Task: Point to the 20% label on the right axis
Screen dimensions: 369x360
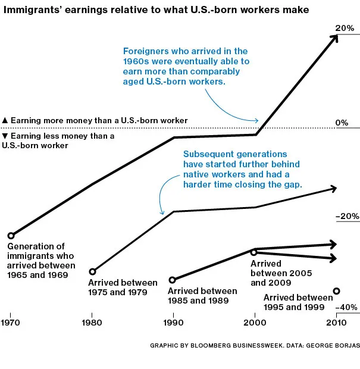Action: coord(345,28)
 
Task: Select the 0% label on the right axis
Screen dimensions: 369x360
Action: coord(342,123)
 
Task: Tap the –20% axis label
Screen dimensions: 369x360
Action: coord(348,217)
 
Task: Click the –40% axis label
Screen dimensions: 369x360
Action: coord(347,308)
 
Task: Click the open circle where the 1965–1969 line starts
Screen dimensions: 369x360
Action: coord(11,236)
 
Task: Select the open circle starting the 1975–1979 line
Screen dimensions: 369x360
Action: coord(92,271)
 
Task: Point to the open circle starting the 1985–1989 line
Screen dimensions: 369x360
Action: coord(173,280)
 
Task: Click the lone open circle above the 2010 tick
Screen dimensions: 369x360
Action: coord(336,291)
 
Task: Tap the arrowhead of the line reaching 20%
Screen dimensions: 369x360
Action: coord(334,37)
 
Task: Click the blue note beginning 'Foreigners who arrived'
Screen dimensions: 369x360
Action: coord(186,67)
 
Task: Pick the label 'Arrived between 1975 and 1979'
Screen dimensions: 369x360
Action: coord(123,287)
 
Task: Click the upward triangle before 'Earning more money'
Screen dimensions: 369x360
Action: coord(5,120)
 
